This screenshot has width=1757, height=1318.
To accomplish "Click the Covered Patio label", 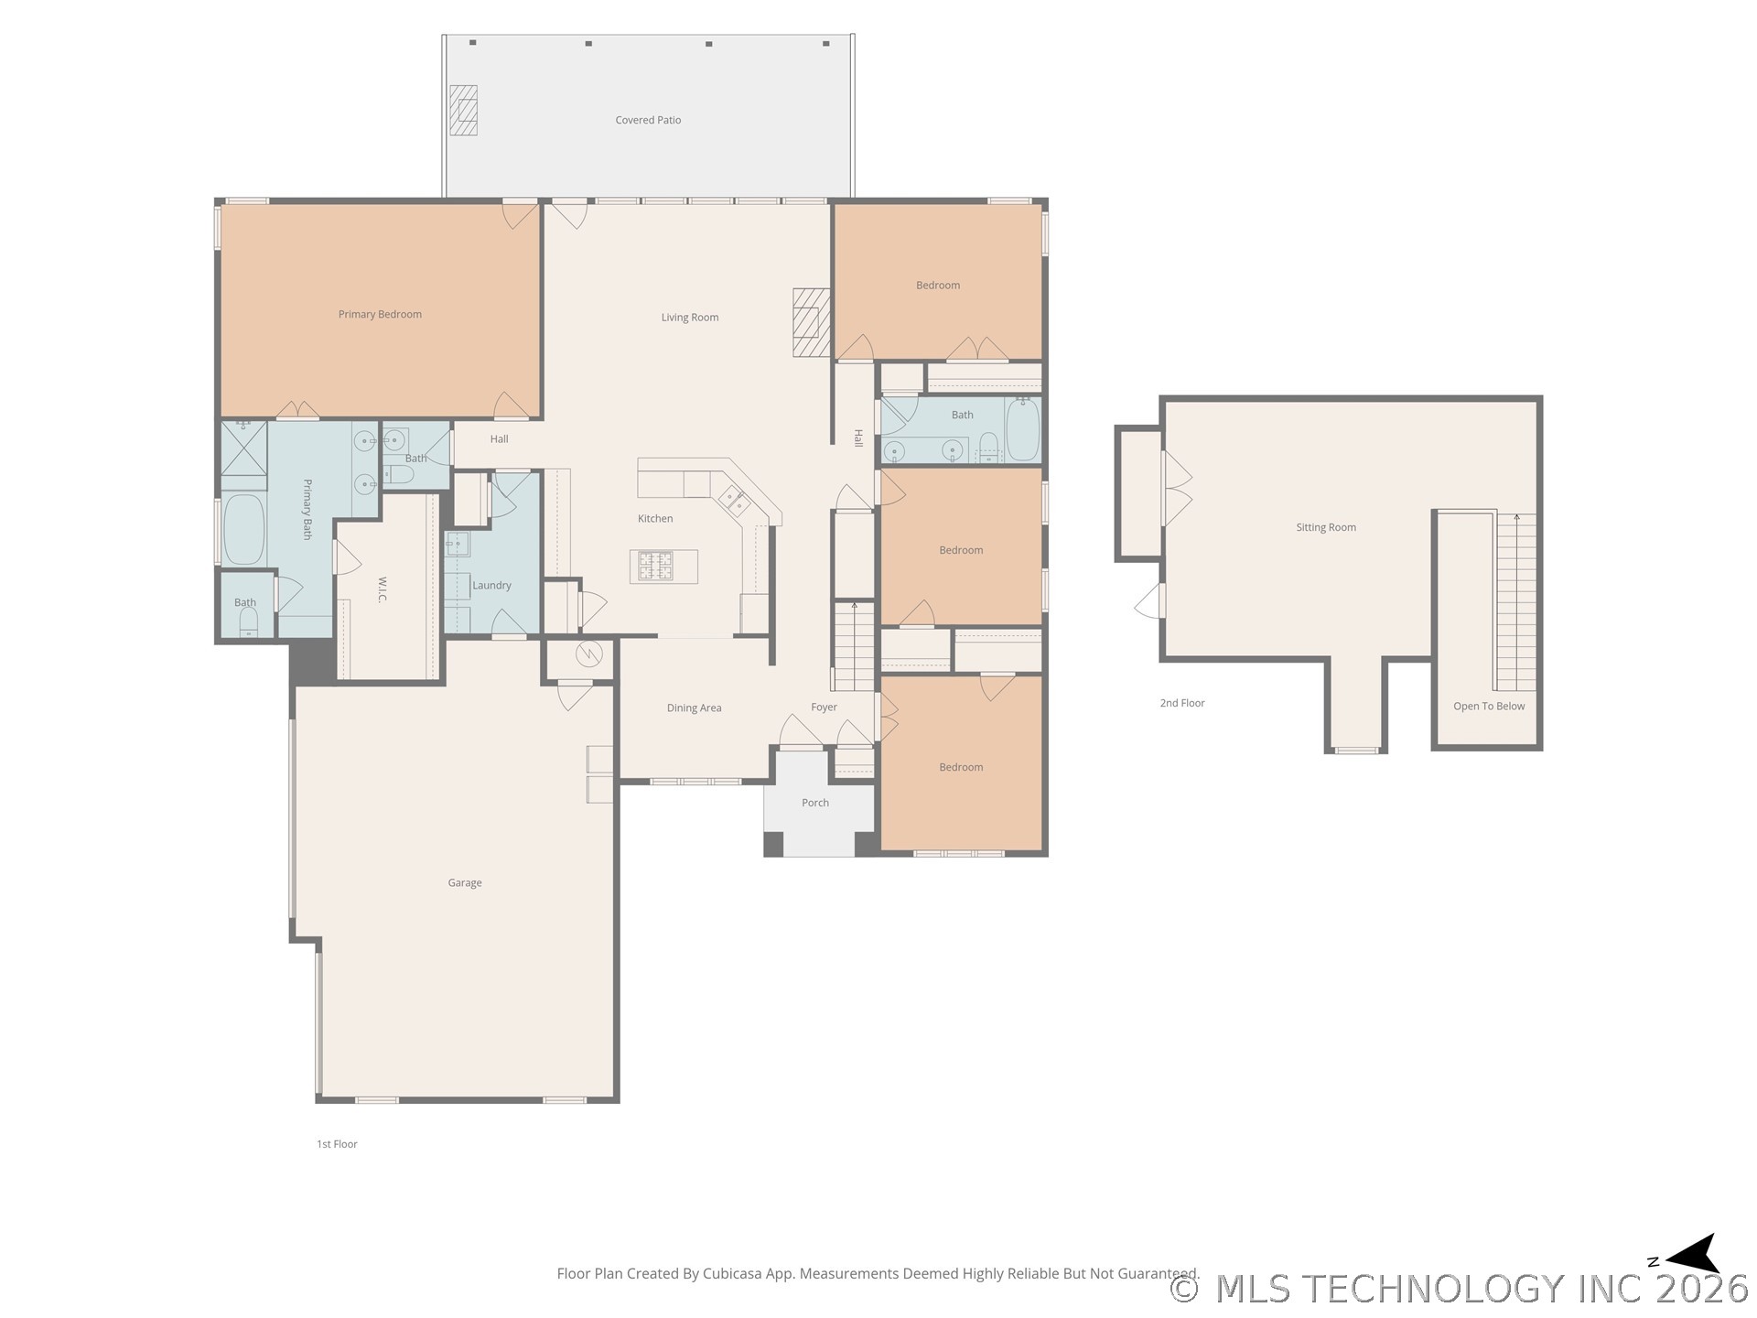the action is [648, 120].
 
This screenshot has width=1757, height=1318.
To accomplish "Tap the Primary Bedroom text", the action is [380, 314].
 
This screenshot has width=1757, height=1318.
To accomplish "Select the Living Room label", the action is [690, 318].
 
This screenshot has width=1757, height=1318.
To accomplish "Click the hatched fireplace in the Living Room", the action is [811, 323].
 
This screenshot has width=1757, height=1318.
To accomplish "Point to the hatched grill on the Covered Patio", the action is [463, 110].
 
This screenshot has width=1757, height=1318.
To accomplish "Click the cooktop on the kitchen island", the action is [655, 565].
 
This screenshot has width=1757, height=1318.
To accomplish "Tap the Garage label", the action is [465, 883].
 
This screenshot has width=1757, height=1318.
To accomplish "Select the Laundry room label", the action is [491, 586].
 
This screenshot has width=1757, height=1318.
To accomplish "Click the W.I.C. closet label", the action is [383, 589].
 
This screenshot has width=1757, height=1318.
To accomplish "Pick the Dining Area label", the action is [694, 708].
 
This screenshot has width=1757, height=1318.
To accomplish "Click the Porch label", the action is [815, 803].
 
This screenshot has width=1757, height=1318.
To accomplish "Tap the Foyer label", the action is [824, 707].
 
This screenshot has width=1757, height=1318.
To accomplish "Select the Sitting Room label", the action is [1326, 527].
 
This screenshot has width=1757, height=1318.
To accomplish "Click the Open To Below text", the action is [1489, 706].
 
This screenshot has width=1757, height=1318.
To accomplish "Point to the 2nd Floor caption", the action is [1182, 703].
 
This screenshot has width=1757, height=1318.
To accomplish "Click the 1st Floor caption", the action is [337, 1144].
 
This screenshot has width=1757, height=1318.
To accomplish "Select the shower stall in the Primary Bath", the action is [243, 448].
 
